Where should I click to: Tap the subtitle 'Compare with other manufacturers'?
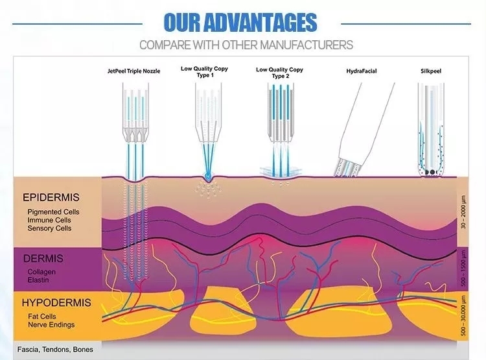pyautogui.click(x=246, y=45)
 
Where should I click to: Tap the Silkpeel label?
pyautogui.click(x=432, y=69)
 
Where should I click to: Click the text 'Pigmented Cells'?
pyautogui.click(x=54, y=211)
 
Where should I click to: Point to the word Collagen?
pyautogui.click(x=42, y=272)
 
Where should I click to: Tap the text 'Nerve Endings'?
pyautogui.click(x=51, y=324)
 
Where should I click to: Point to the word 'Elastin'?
pyautogui.click(x=38, y=280)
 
